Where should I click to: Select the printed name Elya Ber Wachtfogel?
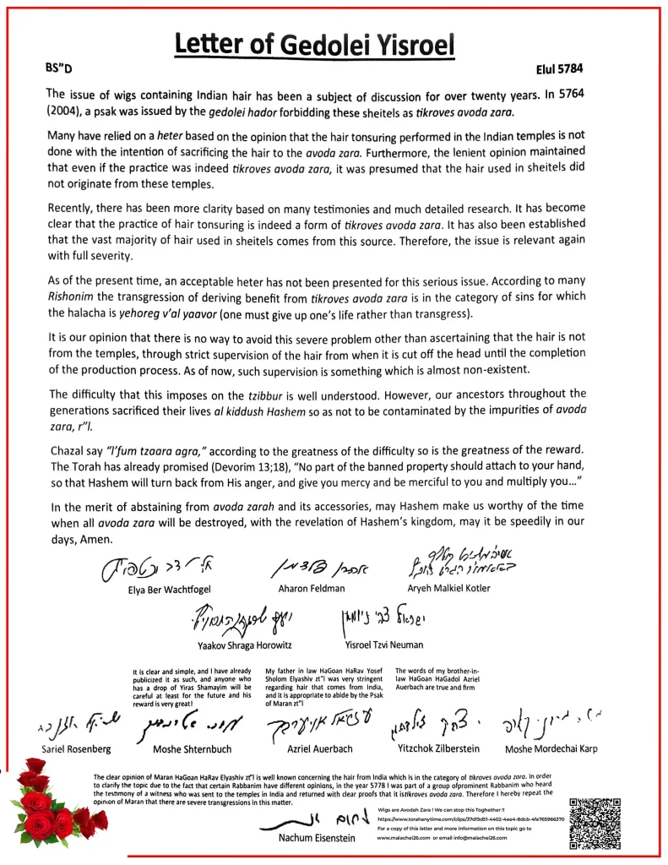pyautogui.click(x=166, y=590)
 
